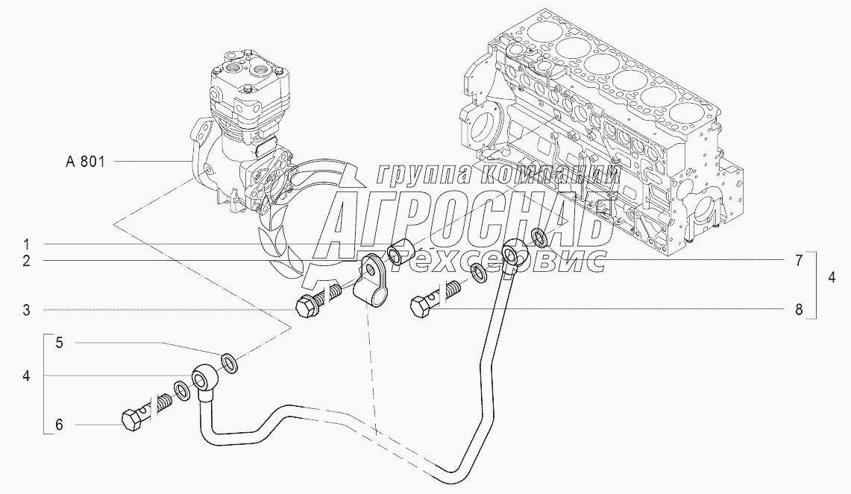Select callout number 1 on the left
(25, 244)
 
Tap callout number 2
(25, 261)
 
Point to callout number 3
(25, 310)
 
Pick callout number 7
(798, 260)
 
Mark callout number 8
(798, 309)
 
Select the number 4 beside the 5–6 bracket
(25, 377)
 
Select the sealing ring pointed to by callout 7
(538, 238)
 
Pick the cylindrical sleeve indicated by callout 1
(403, 248)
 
